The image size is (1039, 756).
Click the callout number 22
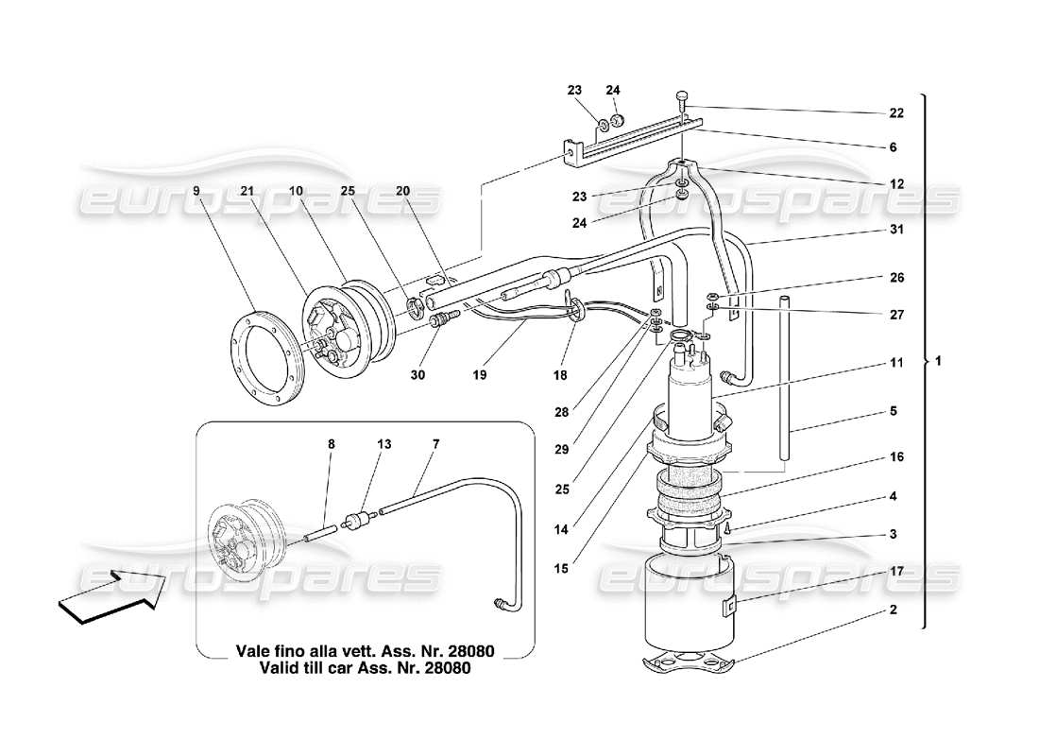(895, 112)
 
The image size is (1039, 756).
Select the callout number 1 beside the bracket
(938, 362)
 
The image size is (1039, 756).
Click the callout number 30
(418, 374)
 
